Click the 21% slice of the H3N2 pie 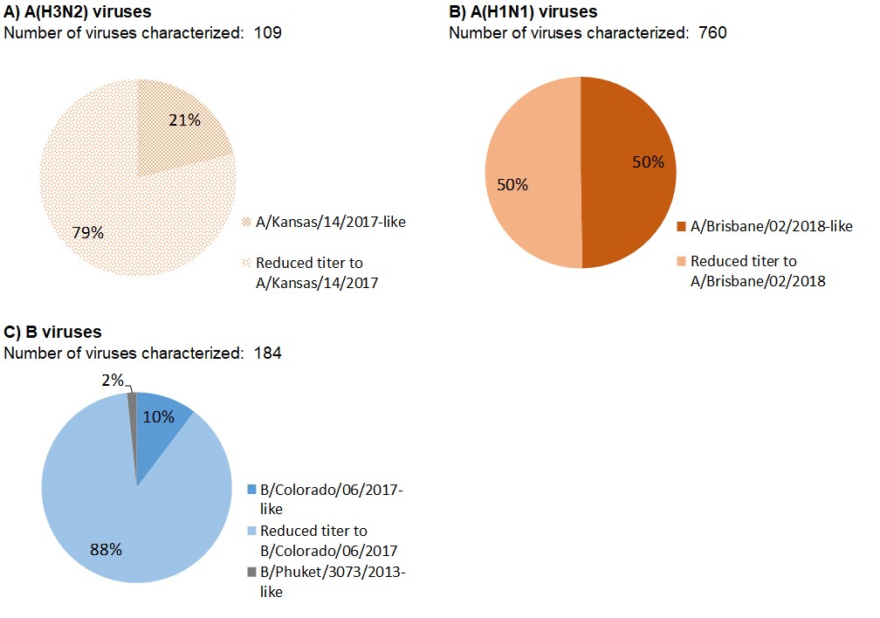click(x=179, y=131)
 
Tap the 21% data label click(x=183, y=120)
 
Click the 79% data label click(x=87, y=233)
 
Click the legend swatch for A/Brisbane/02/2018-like click(x=682, y=227)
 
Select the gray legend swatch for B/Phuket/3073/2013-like click(x=252, y=572)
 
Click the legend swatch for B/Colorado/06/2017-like click(x=252, y=490)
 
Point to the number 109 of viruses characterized click(x=269, y=33)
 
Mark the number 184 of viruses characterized click(x=269, y=353)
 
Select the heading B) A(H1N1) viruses click(x=523, y=12)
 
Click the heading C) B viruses click(x=53, y=333)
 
